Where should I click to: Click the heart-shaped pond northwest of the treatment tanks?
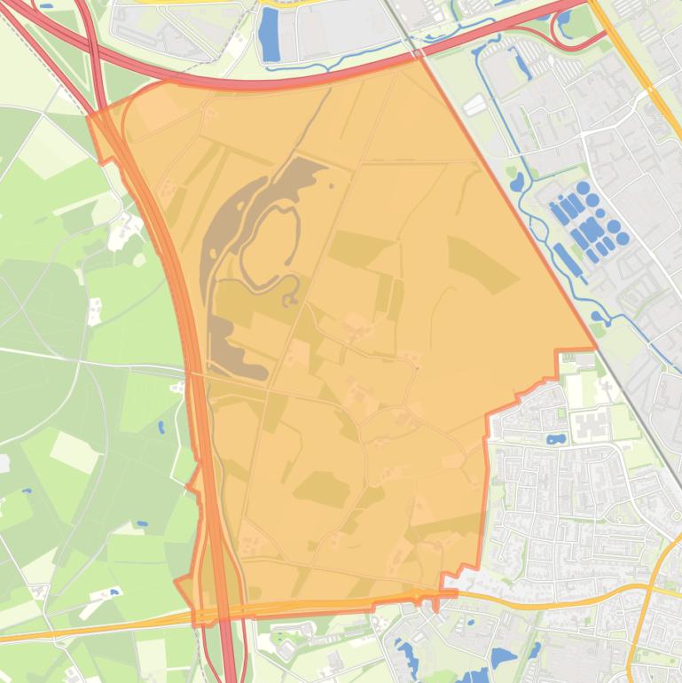[517, 183]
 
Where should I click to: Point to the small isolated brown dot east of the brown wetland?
[331, 186]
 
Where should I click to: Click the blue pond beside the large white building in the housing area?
[557, 439]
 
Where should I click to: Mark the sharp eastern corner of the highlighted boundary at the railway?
[594, 347]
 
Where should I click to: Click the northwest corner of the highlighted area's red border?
[89, 115]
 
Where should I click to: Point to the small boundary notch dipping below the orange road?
[435, 606]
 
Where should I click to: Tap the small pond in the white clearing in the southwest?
[113, 593]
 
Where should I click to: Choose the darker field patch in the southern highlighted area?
[321, 488]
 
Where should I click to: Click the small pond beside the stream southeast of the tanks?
[596, 318]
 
